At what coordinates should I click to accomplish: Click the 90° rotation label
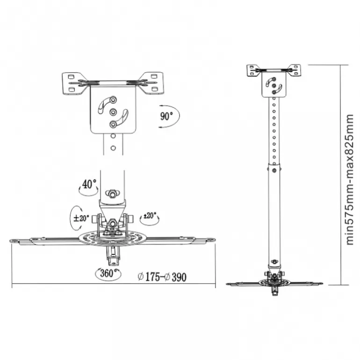click(166, 116)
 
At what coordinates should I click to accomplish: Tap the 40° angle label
click(89, 184)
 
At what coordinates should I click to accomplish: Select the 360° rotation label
click(107, 273)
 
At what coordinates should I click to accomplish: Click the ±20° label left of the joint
click(81, 218)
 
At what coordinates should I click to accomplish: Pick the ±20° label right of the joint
click(150, 216)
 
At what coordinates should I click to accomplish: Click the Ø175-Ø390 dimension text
click(162, 277)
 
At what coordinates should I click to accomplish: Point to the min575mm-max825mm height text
click(349, 180)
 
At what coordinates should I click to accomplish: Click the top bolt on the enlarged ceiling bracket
click(113, 100)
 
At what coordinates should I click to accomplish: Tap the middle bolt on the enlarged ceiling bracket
click(113, 112)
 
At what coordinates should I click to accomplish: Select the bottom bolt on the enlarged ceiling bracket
click(113, 124)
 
